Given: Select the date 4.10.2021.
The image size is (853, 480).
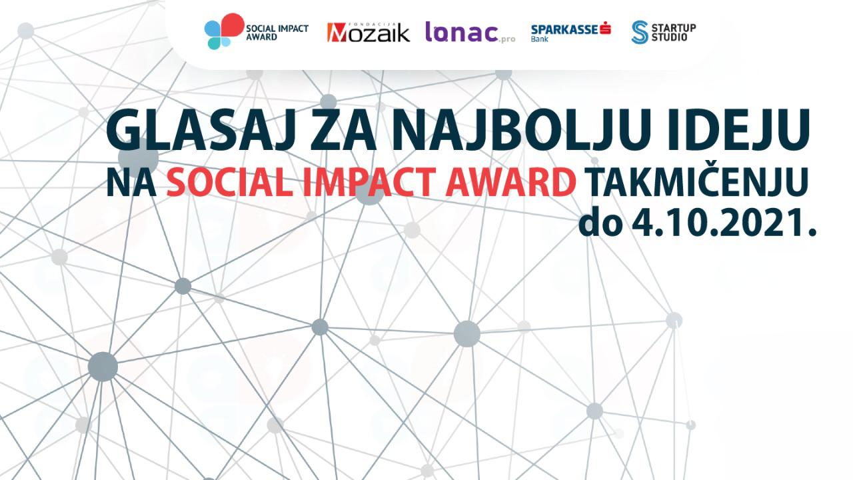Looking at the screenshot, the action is [725, 225].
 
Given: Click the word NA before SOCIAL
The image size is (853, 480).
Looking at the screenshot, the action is [131, 182].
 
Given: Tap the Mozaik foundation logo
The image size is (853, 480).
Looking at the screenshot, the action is [369, 32].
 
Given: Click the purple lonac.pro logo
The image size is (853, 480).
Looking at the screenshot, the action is [470, 32].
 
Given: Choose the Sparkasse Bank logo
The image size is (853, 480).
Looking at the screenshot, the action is [571, 33].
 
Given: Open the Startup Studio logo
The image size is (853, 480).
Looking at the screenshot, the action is [663, 32].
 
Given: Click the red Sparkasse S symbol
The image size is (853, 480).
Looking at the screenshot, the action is [605, 28].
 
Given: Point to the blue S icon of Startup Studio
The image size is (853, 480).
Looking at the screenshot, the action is [639, 32].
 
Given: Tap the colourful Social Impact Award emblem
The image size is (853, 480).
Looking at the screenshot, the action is [224, 31].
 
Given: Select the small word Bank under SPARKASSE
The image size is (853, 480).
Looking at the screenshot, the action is [540, 39].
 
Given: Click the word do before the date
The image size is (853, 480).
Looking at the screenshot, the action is [600, 225].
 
